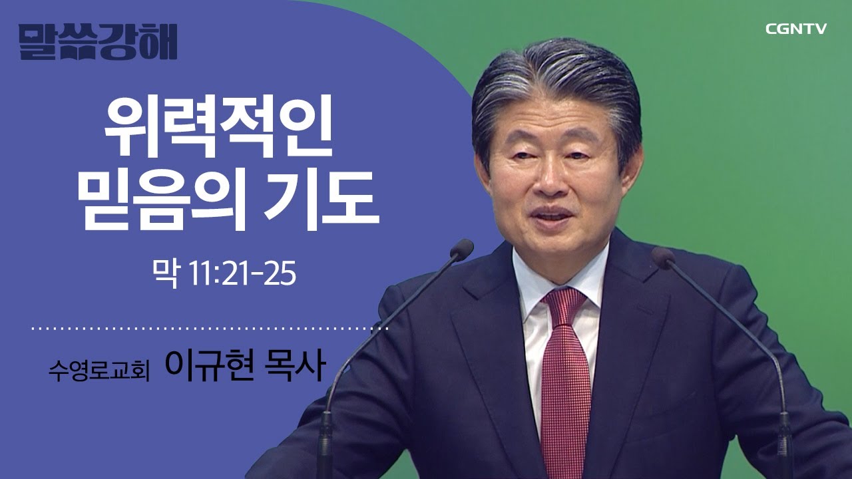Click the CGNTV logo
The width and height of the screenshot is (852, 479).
click(x=795, y=29)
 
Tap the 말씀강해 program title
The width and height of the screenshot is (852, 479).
click(x=98, y=42)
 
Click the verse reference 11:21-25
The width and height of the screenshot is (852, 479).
click(x=241, y=275)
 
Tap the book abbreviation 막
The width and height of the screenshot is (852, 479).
click(x=166, y=275)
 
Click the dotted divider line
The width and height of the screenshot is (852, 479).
click(x=210, y=328)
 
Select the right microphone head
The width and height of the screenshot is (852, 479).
click(x=664, y=257)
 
